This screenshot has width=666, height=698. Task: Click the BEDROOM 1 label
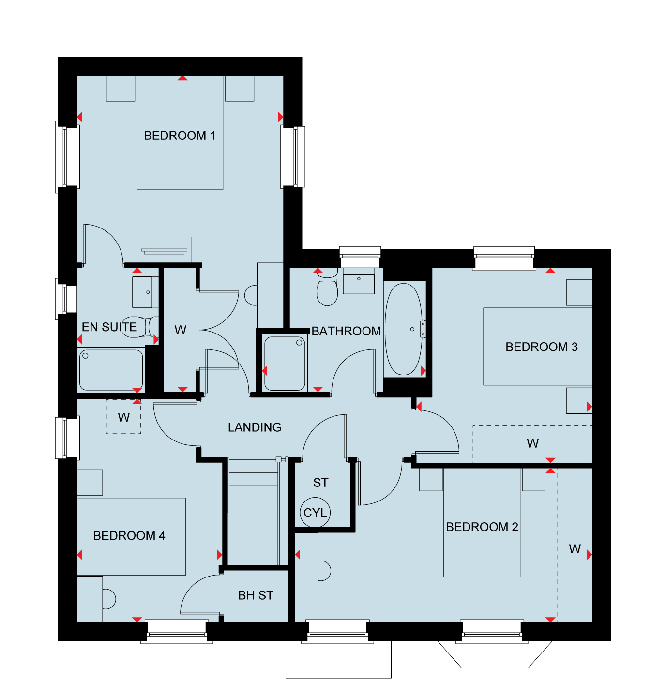point(180,136)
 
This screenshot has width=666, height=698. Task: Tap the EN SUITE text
point(109,327)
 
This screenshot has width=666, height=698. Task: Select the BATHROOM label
point(346,331)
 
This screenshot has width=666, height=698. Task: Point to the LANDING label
point(255,427)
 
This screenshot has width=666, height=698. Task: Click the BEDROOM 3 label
point(542,347)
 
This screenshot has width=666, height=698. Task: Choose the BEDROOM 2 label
point(482,527)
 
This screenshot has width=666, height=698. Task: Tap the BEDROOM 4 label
point(129,535)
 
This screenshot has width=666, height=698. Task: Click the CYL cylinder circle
point(315,513)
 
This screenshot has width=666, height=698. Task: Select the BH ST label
point(256,595)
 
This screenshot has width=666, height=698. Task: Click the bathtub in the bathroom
point(404,329)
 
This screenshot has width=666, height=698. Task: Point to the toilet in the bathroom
point(327,287)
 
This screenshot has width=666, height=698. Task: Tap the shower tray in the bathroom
point(285,364)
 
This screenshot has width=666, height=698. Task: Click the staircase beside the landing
point(254,512)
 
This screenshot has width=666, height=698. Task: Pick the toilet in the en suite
point(140,327)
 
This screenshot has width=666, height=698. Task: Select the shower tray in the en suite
point(111,370)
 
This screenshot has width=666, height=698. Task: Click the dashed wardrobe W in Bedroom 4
point(123,417)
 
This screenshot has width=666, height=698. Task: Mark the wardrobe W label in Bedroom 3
point(532,443)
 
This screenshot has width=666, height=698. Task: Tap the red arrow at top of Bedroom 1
point(182,78)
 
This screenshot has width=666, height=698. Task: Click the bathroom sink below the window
point(359,281)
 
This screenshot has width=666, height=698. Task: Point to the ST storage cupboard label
point(320,483)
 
